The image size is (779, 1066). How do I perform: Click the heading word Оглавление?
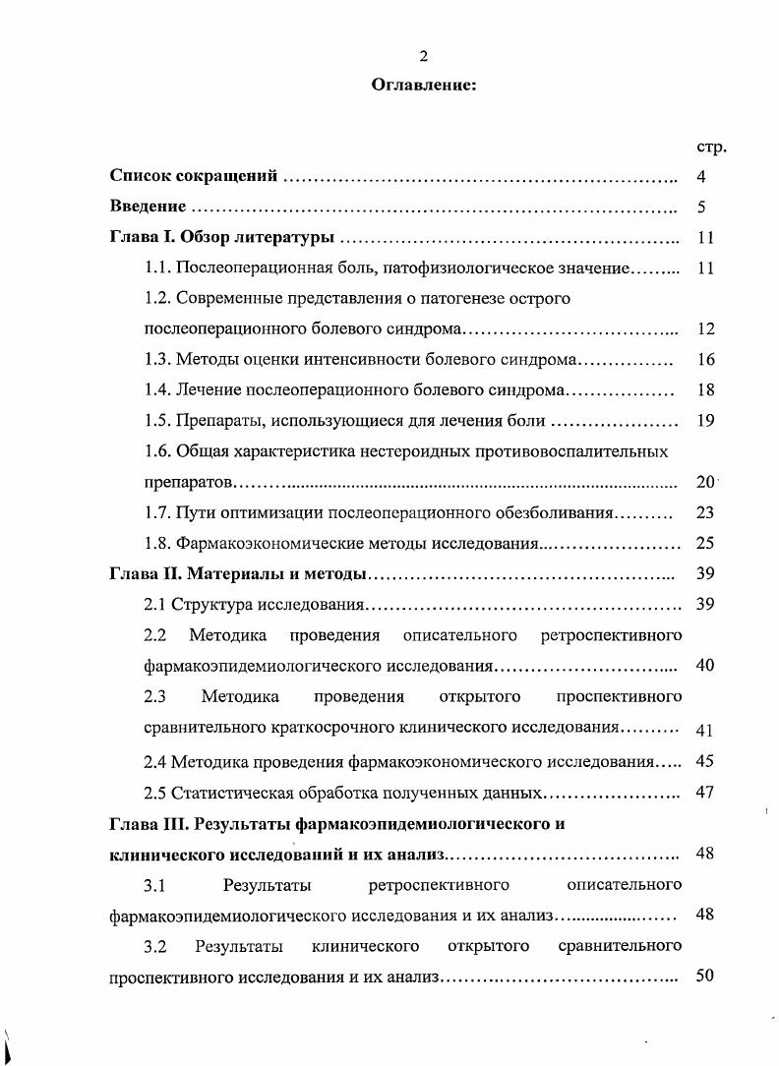(x=424, y=86)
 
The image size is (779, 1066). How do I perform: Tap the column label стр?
(x=710, y=147)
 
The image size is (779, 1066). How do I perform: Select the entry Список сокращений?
(x=195, y=177)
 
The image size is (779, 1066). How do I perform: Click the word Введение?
(x=147, y=207)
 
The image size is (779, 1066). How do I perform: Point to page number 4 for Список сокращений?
(x=702, y=177)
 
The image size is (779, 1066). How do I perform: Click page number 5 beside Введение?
(x=702, y=207)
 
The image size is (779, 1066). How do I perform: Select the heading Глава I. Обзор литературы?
(x=222, y=237)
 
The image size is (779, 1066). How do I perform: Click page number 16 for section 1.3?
(x=704, y=360)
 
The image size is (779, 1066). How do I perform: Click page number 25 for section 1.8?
(x=704, y=543)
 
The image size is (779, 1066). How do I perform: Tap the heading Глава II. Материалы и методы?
(x=237, y=574)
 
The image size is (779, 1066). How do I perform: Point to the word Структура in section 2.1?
(x=208, y=604)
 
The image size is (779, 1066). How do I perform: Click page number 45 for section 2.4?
(x=704, y=761)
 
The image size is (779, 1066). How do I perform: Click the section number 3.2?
(x=154, y=947)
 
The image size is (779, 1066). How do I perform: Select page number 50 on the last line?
(x=704, y=977)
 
